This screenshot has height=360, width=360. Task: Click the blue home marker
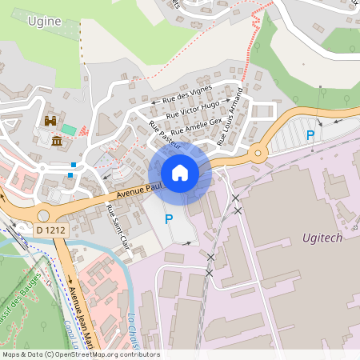tap(180, 173)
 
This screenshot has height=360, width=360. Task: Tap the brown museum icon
tap(57, 142)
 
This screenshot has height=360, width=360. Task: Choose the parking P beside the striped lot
tap(310, 136)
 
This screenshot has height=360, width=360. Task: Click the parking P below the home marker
tap(169, 218)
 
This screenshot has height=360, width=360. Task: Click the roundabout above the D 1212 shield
tap(43, 214)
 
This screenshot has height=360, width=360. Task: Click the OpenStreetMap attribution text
tap(81, 354)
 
